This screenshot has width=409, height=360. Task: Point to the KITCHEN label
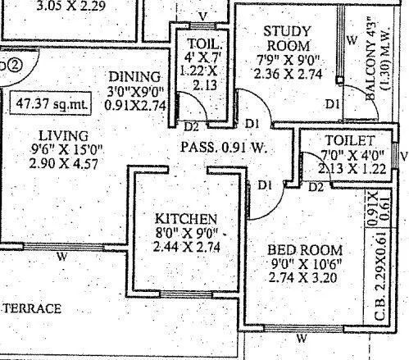click(187, 219)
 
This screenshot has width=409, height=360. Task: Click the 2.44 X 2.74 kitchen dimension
click(187, 248)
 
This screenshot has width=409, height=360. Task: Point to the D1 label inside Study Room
click(331, 104)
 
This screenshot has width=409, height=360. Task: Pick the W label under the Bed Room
click(302, 339)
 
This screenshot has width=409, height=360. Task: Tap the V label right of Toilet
click(403, 153)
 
